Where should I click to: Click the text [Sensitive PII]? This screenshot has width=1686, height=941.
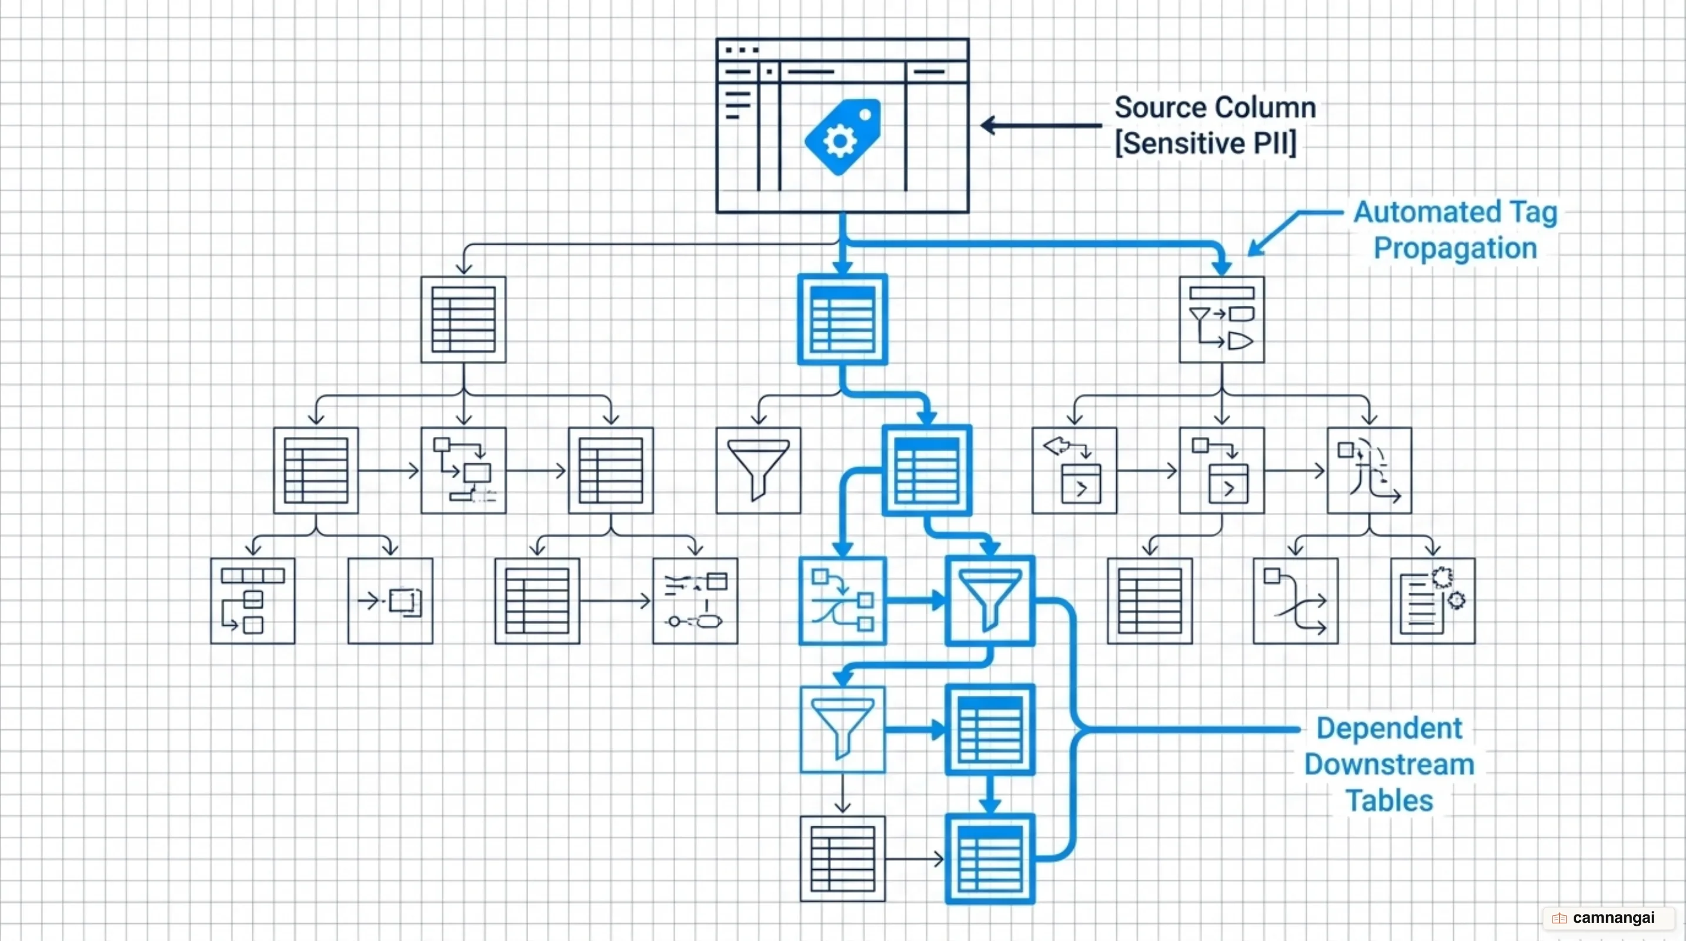1206,144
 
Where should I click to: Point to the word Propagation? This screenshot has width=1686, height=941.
1455,249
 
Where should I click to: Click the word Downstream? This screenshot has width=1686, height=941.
1390,765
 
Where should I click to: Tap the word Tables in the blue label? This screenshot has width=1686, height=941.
1390,801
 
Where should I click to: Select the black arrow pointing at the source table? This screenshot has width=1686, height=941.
1041,125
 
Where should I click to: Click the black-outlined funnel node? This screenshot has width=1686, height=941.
759,470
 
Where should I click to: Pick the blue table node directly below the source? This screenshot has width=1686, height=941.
842,319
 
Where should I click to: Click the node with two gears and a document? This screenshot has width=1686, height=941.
1433,600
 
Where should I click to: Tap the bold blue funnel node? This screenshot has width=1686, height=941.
990,600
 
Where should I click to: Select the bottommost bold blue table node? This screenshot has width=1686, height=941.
990,859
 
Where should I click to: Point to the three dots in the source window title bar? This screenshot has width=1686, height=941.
742,50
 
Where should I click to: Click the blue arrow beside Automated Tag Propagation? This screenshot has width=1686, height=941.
1294,233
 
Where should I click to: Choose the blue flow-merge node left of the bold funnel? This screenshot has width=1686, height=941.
842,600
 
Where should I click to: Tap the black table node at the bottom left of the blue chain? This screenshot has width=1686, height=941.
842,859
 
